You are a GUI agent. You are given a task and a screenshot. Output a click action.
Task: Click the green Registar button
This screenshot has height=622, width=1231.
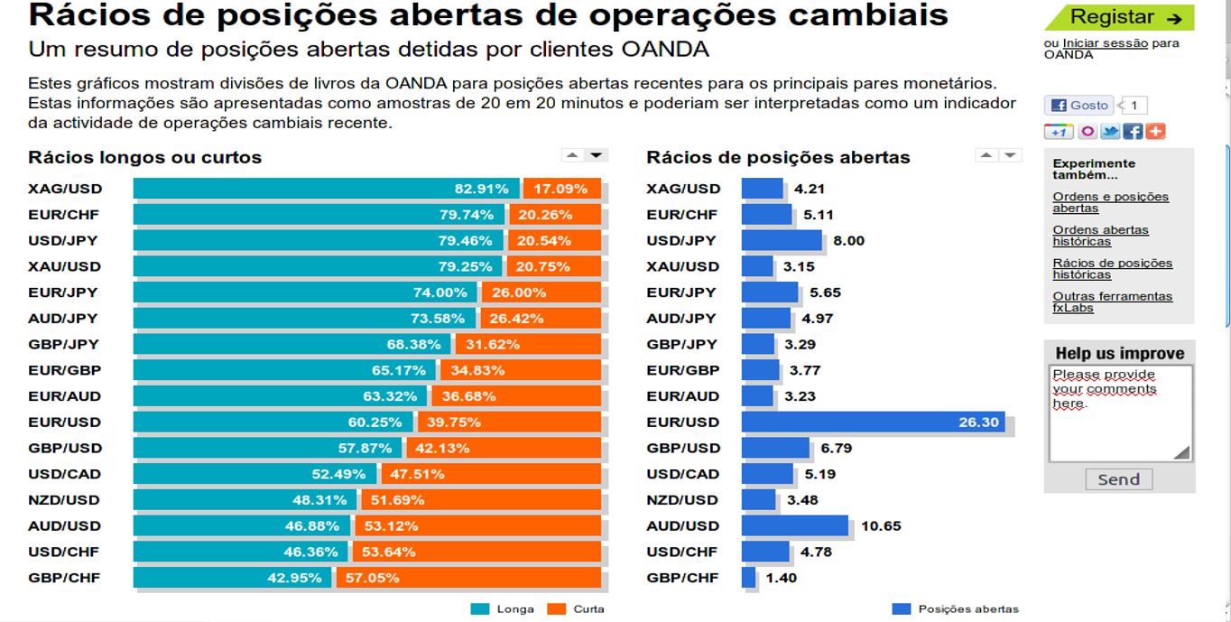point(1118,17)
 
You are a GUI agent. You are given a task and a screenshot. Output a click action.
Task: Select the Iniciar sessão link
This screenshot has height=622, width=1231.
point(1105,43)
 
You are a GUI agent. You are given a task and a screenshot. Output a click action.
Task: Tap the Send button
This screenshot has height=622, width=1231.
point(1118,479)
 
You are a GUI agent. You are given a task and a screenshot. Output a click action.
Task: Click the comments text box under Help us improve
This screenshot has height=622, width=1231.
point(1120,413)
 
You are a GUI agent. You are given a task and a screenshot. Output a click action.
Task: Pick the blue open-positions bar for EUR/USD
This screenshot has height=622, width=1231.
point(873,422)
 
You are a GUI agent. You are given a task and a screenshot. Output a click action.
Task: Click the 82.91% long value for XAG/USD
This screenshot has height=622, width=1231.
point(481,189)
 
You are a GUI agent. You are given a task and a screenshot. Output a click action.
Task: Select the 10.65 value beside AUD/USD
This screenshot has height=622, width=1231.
point(881,525)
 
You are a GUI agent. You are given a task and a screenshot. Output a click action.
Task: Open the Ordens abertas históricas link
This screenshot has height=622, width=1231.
point(1100,236)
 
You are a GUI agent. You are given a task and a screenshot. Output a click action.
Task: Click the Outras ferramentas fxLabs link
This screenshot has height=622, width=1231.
point(1112,302)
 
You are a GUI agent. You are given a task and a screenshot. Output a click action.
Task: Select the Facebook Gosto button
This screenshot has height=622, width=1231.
point(1079,106)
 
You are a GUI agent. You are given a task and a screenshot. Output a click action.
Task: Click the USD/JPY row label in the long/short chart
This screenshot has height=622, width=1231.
point(63,241)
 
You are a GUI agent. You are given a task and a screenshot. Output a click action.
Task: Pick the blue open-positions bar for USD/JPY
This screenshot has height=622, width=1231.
point(782,240)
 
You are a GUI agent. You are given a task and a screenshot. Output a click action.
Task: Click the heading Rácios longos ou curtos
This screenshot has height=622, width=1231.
point(144,157)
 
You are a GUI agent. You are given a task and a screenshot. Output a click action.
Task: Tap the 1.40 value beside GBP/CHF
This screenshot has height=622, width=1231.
point(781,578)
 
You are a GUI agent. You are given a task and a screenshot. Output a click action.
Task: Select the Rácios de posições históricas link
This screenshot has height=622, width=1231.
point(1112,269)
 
